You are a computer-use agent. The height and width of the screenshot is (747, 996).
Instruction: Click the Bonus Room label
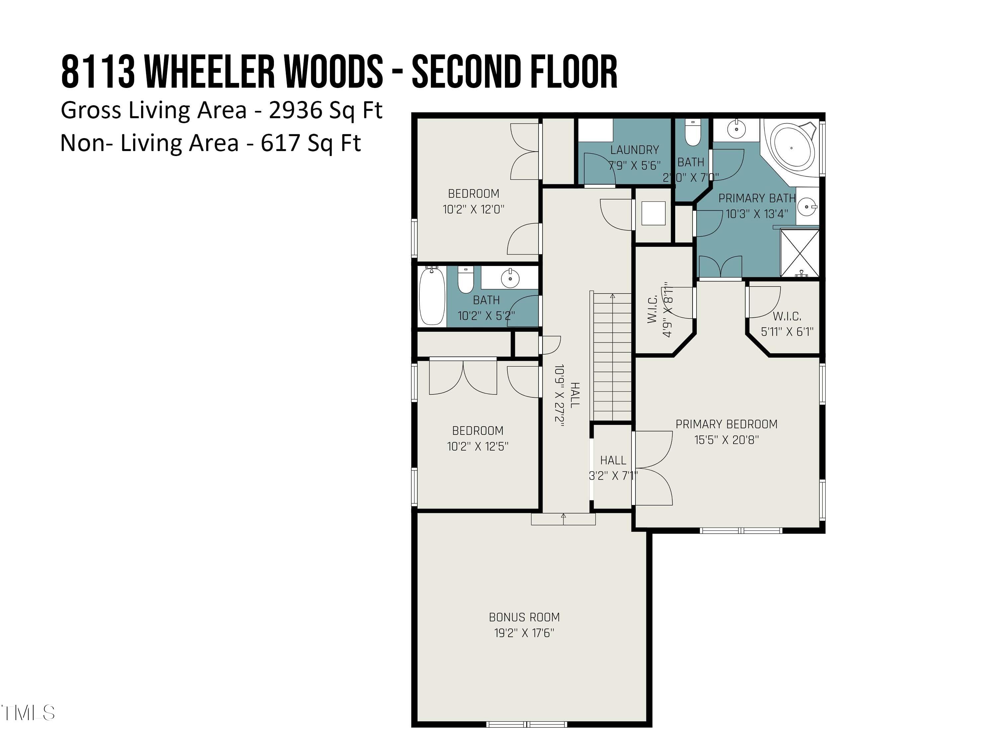(524, 617)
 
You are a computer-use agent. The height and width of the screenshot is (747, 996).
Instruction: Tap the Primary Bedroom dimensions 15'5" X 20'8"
(726, 440)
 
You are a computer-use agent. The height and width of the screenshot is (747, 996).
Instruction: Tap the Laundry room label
(634, 150)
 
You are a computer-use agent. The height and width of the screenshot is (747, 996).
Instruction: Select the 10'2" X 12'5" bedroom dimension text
(477, 446)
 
